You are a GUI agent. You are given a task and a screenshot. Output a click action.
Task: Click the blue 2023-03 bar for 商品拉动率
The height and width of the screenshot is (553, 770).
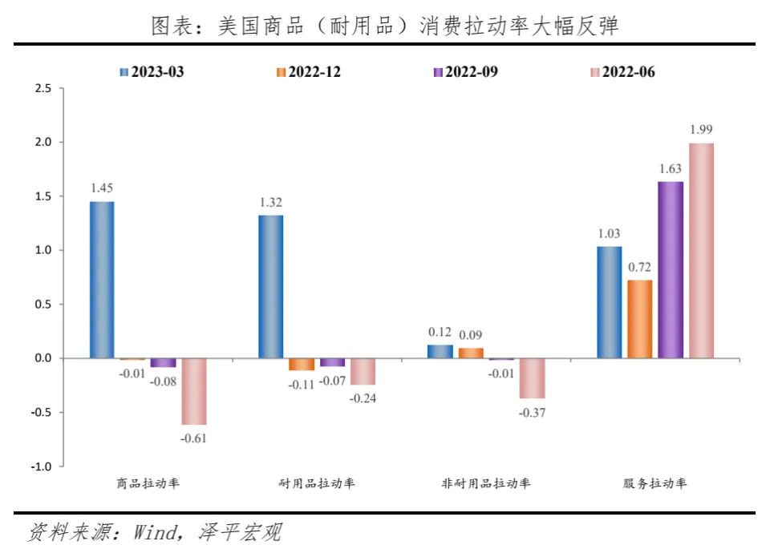click(x=102, y=280)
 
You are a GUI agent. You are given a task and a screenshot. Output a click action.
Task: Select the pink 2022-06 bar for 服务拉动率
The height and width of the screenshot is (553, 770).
click(x=702, y=250)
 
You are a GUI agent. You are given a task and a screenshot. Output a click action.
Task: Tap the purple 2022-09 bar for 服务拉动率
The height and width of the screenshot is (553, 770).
click(x=671, y=269)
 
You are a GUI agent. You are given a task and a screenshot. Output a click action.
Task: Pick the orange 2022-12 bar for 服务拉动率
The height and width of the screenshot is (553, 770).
click(x=640, y=319)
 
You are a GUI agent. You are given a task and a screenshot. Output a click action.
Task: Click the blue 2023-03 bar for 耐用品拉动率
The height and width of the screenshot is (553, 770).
click(x=271, y=287)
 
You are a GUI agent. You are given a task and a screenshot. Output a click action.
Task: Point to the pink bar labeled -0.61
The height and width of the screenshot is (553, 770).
click(x=193, y=391)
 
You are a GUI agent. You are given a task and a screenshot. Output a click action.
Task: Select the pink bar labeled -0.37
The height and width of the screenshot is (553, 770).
click(x=532, y=378)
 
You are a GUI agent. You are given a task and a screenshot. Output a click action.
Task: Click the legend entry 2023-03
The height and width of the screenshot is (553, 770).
click(x=152, y=72)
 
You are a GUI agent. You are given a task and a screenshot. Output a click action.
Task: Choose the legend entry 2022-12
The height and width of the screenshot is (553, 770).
click(x=308, y=72)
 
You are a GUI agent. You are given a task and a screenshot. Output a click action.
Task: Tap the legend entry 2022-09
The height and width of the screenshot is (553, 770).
click(x=465, y=72)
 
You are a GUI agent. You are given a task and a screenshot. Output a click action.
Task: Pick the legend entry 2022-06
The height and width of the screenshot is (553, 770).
click(x=622, y=72)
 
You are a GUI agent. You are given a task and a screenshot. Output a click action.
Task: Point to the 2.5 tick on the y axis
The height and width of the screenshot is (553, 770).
click(x=43, y=88)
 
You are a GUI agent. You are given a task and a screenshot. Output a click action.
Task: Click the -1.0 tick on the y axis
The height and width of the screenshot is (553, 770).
click(x=41, y=466)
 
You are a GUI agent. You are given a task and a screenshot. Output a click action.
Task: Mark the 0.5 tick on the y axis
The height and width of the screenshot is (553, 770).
click(x=43, y=305)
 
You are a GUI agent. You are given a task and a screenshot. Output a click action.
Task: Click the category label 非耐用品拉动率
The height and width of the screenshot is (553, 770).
click(x=486, y=483)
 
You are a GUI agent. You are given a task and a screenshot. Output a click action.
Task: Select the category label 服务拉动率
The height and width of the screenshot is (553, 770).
click(x=655, y=483)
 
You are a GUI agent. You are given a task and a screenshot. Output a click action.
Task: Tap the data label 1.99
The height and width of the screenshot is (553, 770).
click(x=702, y=130)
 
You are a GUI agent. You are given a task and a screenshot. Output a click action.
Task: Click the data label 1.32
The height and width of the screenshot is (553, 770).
click(x=271, y=202)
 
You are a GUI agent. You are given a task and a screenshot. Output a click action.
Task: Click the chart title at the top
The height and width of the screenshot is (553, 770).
click(x=385, y=26)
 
